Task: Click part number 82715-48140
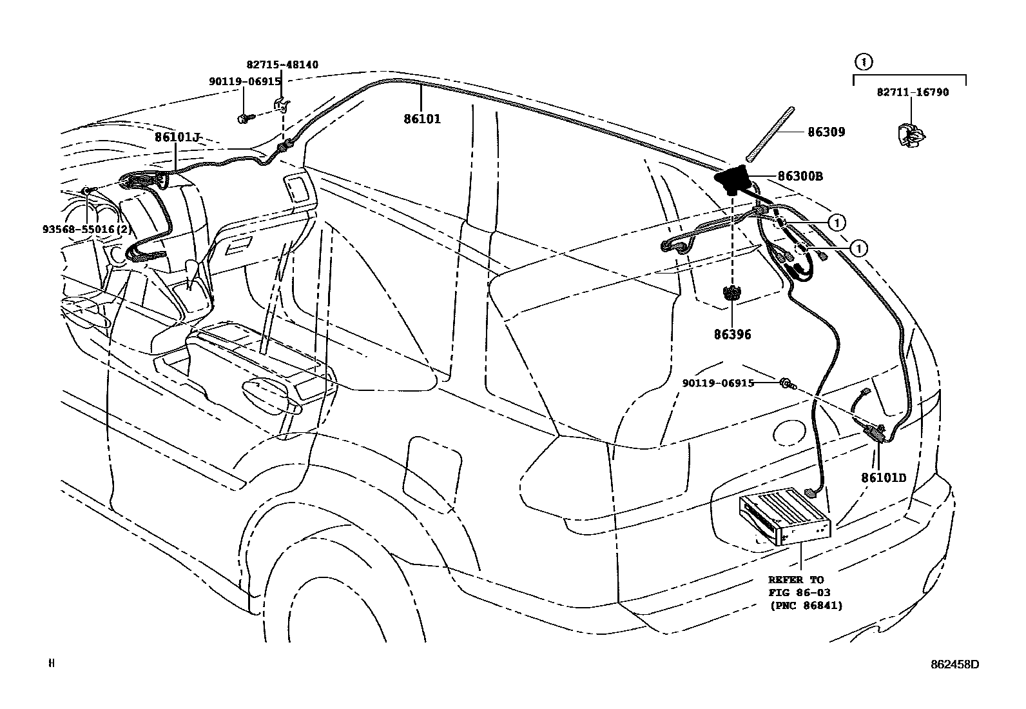(x=282, y=65)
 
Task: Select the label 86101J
(x=177, y=137)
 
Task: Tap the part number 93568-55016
(x=86, y=229)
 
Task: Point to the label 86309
(x=826, y=132)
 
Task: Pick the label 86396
(x=732, y=335)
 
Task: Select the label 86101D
(x=883, y=478)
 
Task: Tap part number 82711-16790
(x=912, y=92)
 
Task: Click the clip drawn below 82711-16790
(x=909, y=134)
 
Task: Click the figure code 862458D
(x=954, y=664)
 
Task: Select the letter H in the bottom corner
(x=52, y=663)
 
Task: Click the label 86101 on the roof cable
(x=422, y=119)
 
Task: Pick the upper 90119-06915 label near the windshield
(x=244, y=81)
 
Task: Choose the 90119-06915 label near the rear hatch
(x=718, y=383)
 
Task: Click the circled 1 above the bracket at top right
(x=863, y=62)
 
